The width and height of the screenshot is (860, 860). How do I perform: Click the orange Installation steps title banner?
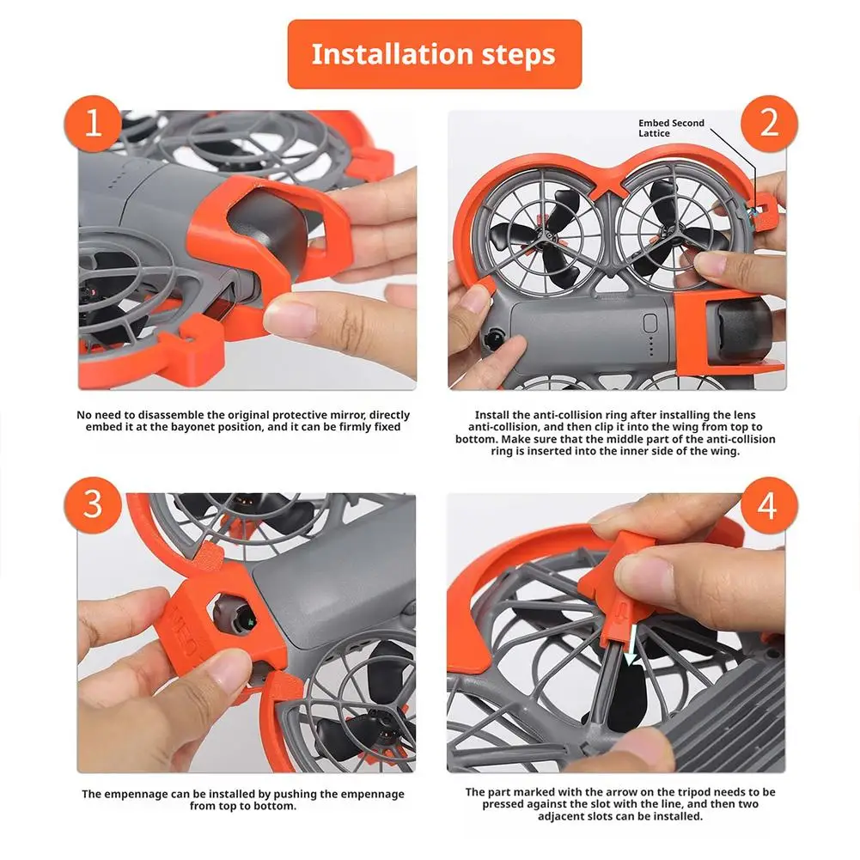tap(435, 54)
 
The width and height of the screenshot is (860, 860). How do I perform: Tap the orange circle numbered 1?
tap(93, 124)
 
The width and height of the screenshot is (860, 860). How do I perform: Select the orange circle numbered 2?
tap(769, 124)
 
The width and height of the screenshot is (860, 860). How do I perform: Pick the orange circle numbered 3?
tap(93, 504)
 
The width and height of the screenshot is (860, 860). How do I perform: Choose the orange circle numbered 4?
tap(769, 504)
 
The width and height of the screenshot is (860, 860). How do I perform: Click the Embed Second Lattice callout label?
tap(671, 128)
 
